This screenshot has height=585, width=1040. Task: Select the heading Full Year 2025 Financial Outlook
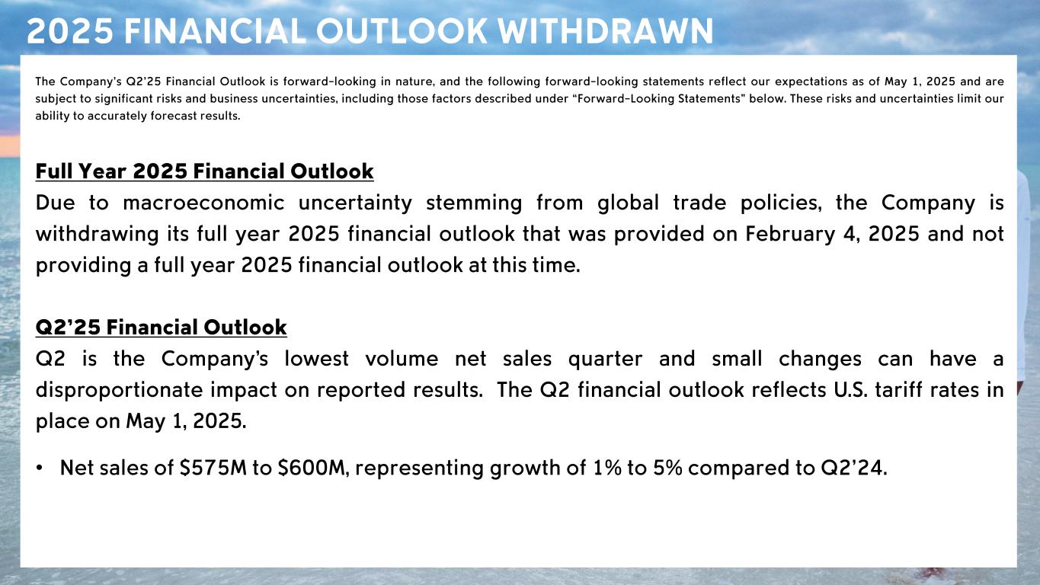point(204,171)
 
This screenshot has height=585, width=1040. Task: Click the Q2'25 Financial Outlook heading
point(161,328)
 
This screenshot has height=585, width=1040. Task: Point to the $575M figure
point(213,468)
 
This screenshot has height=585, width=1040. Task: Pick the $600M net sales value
point(313,468)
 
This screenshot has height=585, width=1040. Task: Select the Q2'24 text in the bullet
point(854,468)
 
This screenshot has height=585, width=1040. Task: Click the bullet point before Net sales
point(39,468)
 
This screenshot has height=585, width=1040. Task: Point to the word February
point(790,234)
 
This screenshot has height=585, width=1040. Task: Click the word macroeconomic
point(203,203)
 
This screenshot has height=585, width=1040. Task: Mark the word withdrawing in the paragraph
point(97,234)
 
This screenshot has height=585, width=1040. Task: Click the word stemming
point(474,203)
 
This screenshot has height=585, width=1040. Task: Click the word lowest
point(316,359)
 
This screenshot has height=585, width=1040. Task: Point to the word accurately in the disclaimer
point(117,116)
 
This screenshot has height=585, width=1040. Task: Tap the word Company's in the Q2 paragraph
point(215,359)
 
